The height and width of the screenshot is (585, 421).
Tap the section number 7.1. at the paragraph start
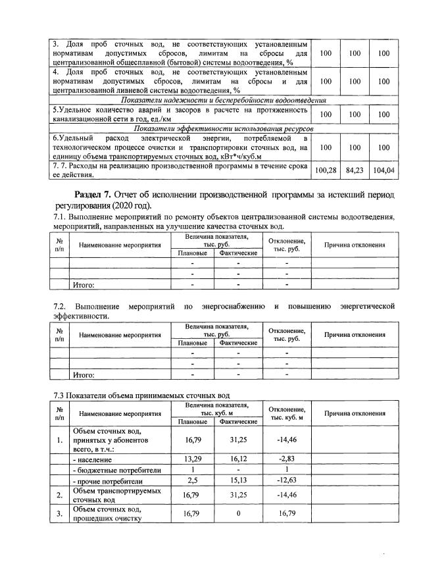[x=61, y=217]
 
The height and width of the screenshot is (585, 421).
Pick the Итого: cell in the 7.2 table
[x=84, y=375]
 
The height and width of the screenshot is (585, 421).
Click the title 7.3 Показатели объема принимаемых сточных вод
[x=141, y=395]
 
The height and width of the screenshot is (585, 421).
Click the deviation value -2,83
[x=287, y=459]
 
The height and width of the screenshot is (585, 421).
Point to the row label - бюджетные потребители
[x=108, y=471]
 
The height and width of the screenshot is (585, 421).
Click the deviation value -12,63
[x=287, y=482]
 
